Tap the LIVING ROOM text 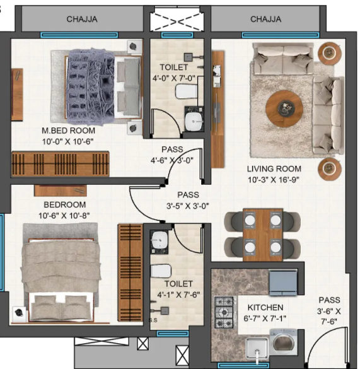coord(274,169)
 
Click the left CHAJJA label coord(82,20)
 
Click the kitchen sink coord(258,348)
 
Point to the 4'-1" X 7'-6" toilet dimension coord(178,295)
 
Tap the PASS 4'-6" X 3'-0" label coord(172,154)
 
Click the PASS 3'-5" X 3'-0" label coord(187,200)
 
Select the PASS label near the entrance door coord(328,310)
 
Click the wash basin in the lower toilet coord(161,240)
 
